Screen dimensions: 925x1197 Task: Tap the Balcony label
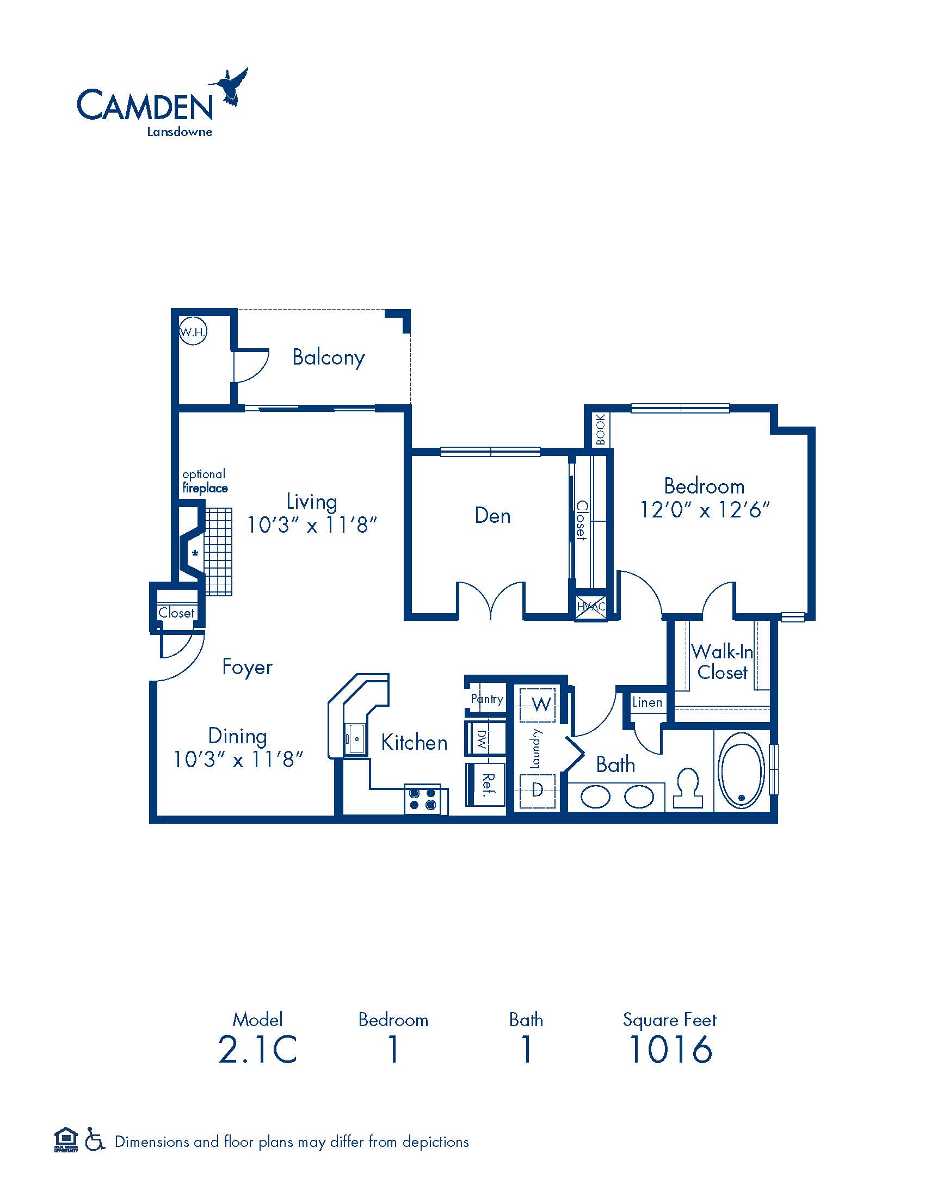(x=328, y=357)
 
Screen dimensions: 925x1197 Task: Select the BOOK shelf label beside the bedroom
(x=601, y=430)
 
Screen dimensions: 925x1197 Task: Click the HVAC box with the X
(x=591, y=606)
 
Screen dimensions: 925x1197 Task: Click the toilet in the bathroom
(x=688, y=788)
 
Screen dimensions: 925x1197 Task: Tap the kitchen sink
(x=356, y=739)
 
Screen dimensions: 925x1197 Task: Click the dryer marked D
(x=538, y=790)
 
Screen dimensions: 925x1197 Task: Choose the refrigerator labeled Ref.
(x=485, y=784)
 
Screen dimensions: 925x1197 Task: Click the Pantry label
(x=486, y=699)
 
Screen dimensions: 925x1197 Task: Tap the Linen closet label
(x=647, y=702)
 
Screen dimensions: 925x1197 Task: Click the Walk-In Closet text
(x=722, y=662)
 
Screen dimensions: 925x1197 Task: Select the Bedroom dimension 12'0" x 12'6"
(x=705, y=510)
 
